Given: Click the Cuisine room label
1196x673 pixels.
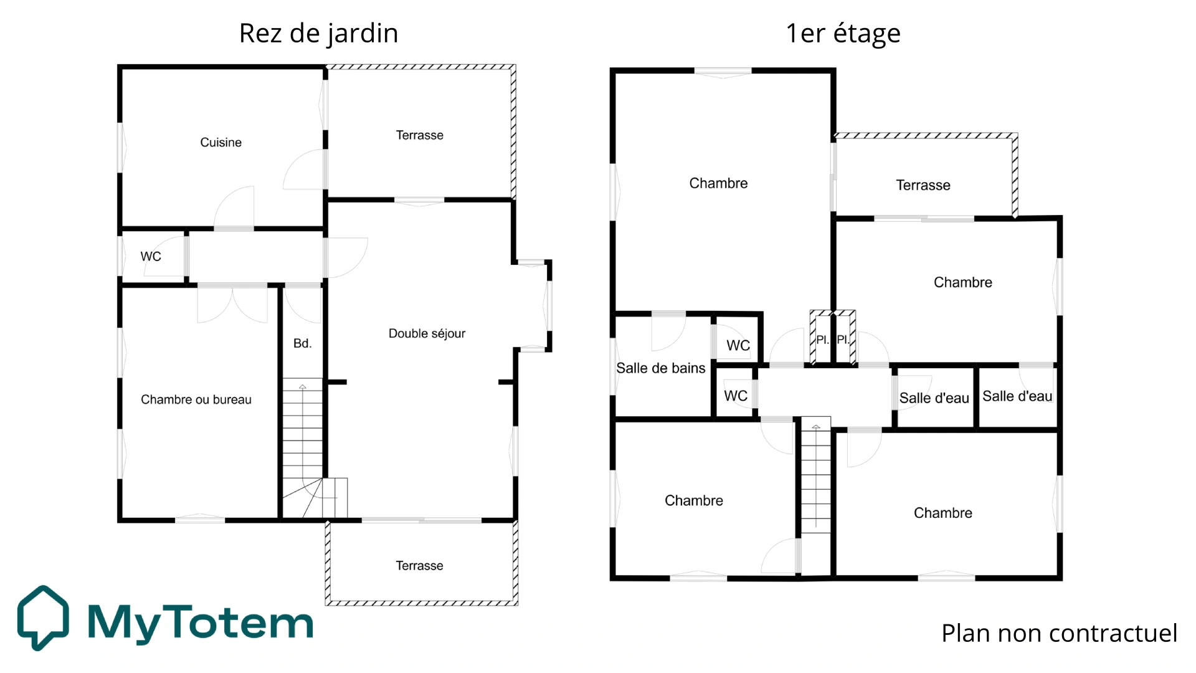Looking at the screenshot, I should coord(221,143).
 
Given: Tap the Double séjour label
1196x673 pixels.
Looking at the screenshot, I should coord(427,333).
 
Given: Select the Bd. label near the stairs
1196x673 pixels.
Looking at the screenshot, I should coord(302,343).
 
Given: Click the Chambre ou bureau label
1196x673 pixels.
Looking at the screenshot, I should coord(196,399).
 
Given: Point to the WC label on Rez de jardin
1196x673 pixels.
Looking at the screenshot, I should coord(151,257).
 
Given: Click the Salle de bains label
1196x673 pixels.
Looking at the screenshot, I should coord(660,368).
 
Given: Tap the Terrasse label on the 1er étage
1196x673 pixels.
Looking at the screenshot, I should coord(923,185).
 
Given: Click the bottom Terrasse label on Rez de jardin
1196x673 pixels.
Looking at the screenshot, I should coord(419,566).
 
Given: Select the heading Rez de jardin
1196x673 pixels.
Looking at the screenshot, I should coord(318,33).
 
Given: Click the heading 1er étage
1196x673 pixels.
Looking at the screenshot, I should coord(843,33).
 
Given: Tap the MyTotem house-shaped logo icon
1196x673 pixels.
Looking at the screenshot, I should coord(43,617).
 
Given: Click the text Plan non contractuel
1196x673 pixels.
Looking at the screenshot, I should coord(1059,633).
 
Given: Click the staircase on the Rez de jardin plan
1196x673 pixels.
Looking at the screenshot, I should coord(303,436).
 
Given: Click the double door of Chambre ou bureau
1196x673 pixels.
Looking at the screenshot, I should coord(232,304).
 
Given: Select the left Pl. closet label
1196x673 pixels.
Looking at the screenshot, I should coord(822,340).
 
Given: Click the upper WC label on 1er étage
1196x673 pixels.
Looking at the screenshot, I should coord(738,345).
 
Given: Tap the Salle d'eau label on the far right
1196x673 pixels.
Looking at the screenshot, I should coord(1017,396).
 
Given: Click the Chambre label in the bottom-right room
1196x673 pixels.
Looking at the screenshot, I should coord(942,513).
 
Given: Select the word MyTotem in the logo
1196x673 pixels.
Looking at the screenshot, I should coord(200,623).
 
